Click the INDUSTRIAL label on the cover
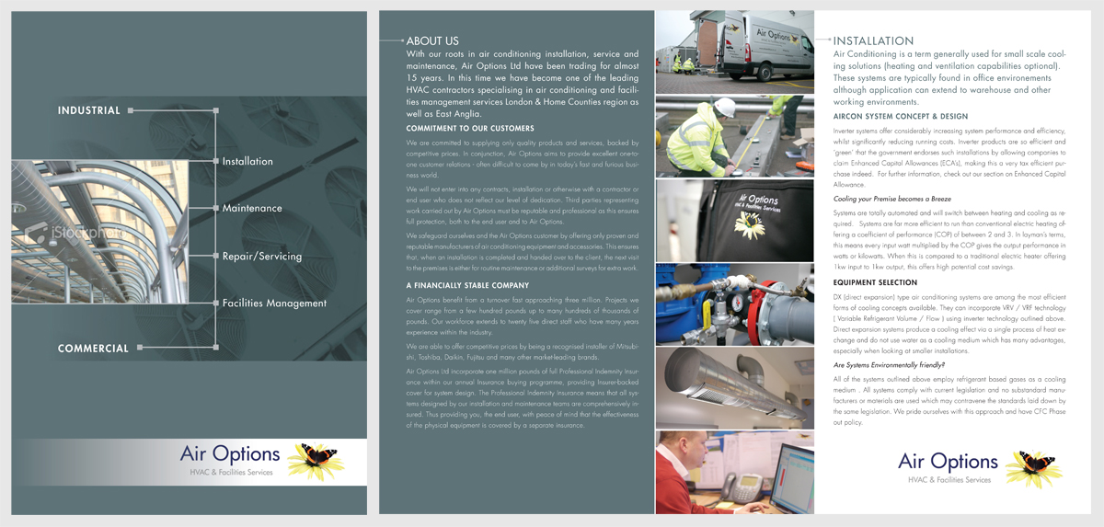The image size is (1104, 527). [89, 110]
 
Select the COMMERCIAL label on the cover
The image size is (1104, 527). [93, 349]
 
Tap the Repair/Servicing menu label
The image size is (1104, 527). [261, 257]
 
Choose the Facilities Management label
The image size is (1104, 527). [274, 304]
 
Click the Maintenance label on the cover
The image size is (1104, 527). [252, 209]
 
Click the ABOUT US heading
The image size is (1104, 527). [432, 41]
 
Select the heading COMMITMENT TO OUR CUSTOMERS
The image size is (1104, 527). [470, 129]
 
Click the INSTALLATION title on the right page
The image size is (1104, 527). [873, 41]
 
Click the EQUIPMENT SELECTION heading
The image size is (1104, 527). [875, 282]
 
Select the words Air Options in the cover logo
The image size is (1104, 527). [230, 453]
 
